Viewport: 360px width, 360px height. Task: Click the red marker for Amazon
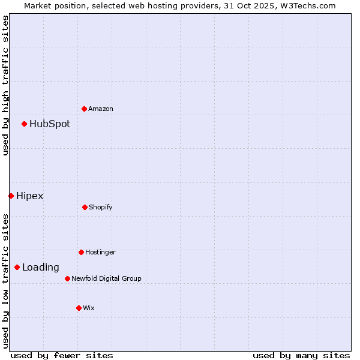(84, 109)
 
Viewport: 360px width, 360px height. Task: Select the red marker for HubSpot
(24, 124)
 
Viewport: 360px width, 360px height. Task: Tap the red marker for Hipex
(11, 196)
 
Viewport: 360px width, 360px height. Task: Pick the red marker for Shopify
(85, 207)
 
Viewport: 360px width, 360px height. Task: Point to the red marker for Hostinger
(81, 252)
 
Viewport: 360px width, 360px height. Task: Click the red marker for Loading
(17, 267)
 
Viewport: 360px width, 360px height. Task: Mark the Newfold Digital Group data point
(67, 278)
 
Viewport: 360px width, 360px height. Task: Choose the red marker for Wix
(79, 308)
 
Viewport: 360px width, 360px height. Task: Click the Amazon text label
(101, 109)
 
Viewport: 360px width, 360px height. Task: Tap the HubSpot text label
(50, 124)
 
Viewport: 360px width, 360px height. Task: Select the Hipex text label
(30, 196)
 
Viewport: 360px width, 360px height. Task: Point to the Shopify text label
(101, 207)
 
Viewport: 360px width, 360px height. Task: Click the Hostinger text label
(100, 252)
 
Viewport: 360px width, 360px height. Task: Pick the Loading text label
(41, 268)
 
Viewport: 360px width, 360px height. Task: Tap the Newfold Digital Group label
(106, 278)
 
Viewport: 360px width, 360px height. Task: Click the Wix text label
(89, 308)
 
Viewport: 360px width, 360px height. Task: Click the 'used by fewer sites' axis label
(62, 355)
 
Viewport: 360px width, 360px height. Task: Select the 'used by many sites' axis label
(301, 355)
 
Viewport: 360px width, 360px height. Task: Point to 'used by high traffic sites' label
(5, 85)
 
